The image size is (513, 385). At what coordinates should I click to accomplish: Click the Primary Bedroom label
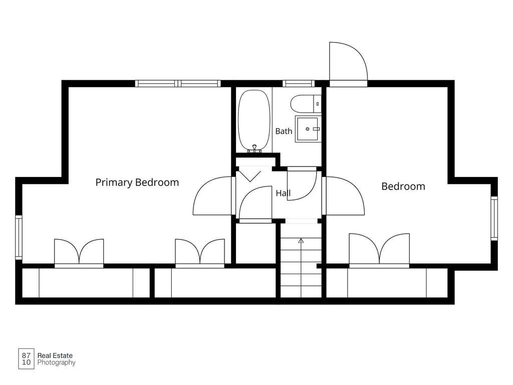tap(137, 182)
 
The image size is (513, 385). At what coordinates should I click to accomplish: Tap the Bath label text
tap(284, 131)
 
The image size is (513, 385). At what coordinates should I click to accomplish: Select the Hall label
tap(283, 193)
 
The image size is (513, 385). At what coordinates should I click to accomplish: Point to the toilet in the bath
tap(306, 104)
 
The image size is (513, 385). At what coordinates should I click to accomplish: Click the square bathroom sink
tap(308, 129)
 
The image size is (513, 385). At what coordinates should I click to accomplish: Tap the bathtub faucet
tap(254, 148)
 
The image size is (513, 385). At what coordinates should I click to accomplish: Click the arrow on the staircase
tap(301, 241)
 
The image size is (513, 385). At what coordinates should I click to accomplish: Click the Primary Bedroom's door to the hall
tap(212, 196)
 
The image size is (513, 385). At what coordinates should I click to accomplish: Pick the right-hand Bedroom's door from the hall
tap(344, 196)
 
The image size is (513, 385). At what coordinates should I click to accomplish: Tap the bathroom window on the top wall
tap(299, 84)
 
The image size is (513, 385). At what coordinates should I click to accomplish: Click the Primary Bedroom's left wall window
tap(19, 237)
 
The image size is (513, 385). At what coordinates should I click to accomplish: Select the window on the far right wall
tap(494, 219)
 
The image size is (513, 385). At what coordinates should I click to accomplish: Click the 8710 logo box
tap(26, 359)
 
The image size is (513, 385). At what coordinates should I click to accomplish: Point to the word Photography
tap(56, 362)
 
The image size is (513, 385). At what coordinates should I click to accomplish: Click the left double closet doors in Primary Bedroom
tap(79, 252)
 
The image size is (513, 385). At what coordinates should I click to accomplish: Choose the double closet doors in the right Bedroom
tap(379, 249)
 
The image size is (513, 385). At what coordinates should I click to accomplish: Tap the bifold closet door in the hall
tap(249, 174)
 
